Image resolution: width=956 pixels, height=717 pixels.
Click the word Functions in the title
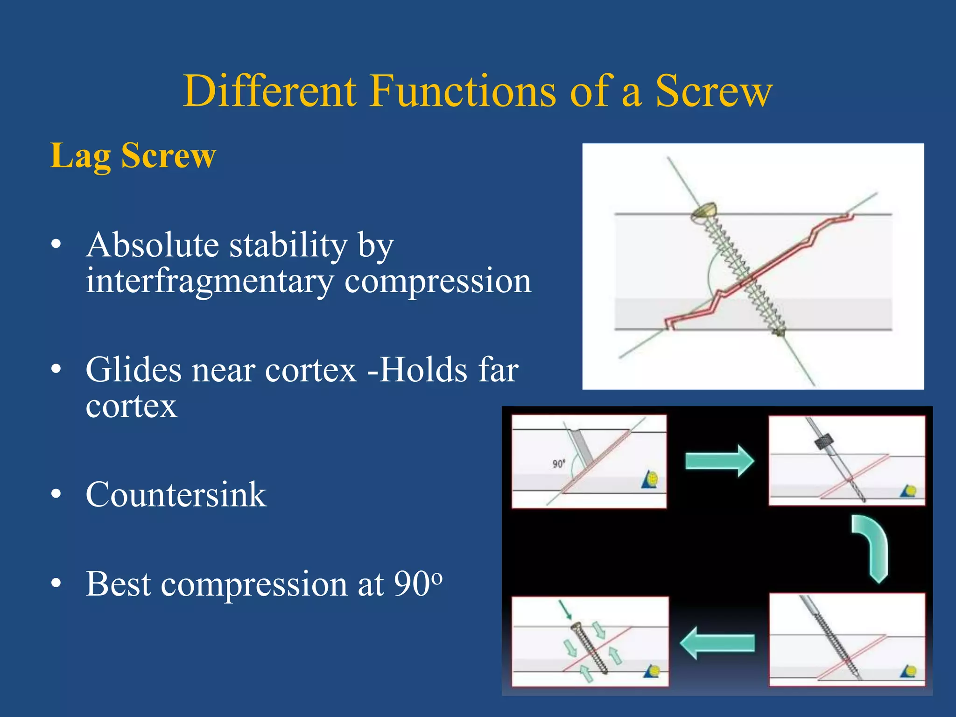click(x=462, y=92)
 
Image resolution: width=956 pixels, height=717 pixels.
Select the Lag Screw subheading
click(x=133, y=155)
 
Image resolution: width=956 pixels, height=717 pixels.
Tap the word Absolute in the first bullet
click(x=153, y=245)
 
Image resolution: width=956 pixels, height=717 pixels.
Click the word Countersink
click(x=176, y=495)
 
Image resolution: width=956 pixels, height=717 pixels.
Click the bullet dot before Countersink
click(x=56, y=494)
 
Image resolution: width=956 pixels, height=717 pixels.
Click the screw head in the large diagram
click(x=705, y=211)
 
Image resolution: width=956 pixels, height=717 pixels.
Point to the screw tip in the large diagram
click(x=779, y=332)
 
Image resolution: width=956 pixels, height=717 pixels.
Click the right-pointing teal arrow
click(x=719, y=461)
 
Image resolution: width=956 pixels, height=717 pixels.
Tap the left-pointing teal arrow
click(x=717, y=643)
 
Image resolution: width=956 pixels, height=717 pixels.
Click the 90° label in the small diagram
click(x=559, y=464)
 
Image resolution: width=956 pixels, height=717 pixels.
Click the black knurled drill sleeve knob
click(x=824, y=441)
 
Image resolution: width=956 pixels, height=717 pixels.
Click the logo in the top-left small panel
click(x=650, y=480)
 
